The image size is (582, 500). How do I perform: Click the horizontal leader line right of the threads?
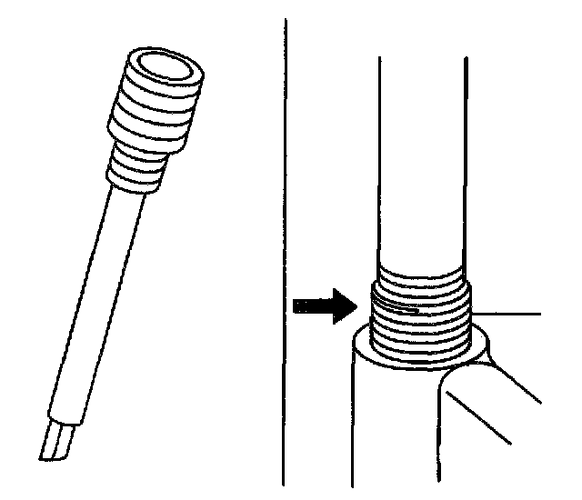[x=509, y=313]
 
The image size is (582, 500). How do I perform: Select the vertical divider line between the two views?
[x=285, y=255]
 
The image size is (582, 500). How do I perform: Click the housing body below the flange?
[x=391, y=427]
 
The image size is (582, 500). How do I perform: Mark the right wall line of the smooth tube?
[x=467, y=164]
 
